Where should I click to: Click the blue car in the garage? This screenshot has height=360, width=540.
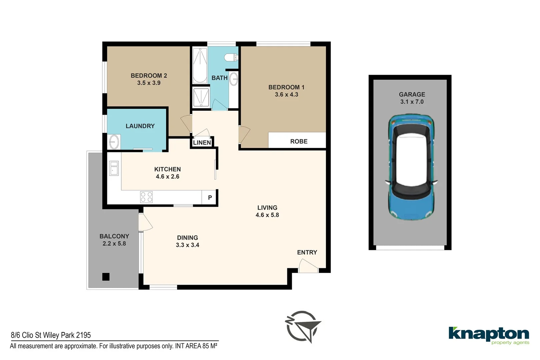point(411,167)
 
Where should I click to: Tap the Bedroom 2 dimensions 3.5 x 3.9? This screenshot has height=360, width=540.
point(149,83)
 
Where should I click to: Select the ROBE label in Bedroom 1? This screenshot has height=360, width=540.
point(299,141)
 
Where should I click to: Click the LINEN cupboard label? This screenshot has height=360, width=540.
point(202,143)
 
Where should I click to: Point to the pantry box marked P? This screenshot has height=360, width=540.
point(210,197)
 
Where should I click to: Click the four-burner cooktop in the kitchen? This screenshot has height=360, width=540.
point(146,197)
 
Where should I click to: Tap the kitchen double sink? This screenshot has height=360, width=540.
point(114,168)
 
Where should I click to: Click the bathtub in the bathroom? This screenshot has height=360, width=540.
point(200,66)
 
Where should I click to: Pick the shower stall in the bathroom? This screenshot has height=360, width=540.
point(201,97)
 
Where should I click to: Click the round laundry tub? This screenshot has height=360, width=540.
point(114,142)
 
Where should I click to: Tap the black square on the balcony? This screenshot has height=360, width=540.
point(106,277)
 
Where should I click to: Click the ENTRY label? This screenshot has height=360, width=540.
point(307,252)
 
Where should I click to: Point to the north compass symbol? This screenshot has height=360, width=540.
point(303,327)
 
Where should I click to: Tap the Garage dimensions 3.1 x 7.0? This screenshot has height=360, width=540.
point(412,102)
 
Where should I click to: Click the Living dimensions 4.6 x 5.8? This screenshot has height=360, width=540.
point(267,215)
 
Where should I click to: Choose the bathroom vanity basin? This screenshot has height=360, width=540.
point(233,79)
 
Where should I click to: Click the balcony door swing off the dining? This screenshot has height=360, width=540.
point(145,222)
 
